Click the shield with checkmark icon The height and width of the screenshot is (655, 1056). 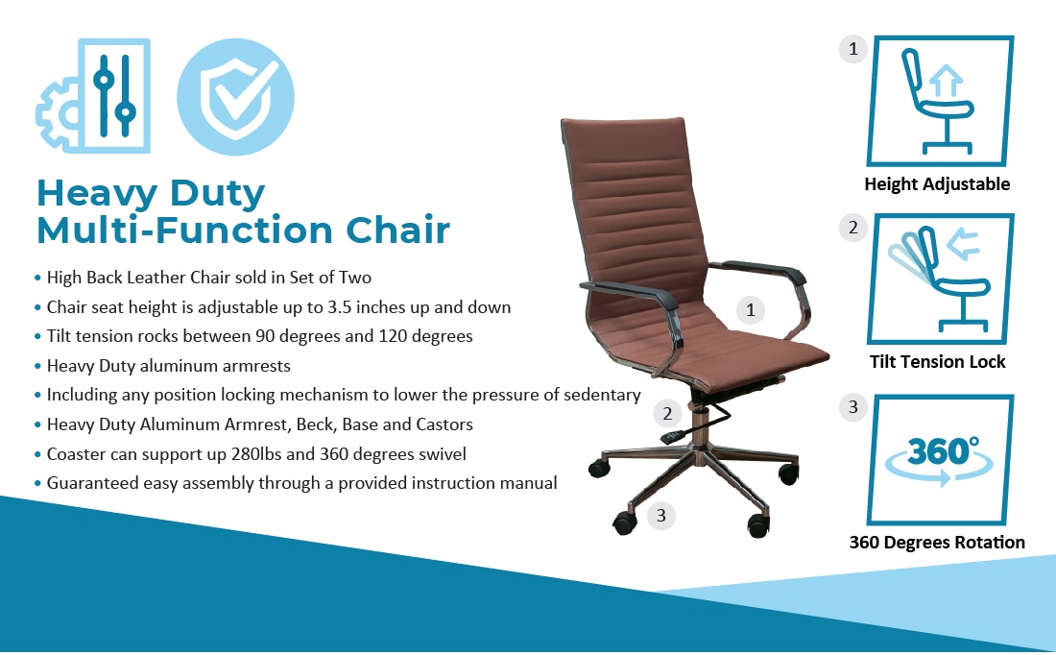(235, 96)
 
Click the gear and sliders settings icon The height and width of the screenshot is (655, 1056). (94, 96)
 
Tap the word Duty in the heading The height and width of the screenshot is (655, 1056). (218, 193)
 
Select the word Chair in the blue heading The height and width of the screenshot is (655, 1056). (397, 230)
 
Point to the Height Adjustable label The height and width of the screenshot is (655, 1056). (937, 184)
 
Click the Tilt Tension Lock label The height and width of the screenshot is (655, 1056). (937, 362)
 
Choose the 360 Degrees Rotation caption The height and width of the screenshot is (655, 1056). (937, 543)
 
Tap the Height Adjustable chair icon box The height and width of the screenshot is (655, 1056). (940, 101)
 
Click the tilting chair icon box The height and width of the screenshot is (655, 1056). (940, 279)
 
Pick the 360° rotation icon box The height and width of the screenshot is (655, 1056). (940, 460)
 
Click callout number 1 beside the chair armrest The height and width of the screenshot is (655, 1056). (751, 310)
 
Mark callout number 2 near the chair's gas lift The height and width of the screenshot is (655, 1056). (667, 413)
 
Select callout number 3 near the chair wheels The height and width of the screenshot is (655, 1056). (660, 516)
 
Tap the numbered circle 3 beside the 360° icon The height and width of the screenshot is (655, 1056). (852, 407)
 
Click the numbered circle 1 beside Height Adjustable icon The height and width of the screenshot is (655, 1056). (852, 49)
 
